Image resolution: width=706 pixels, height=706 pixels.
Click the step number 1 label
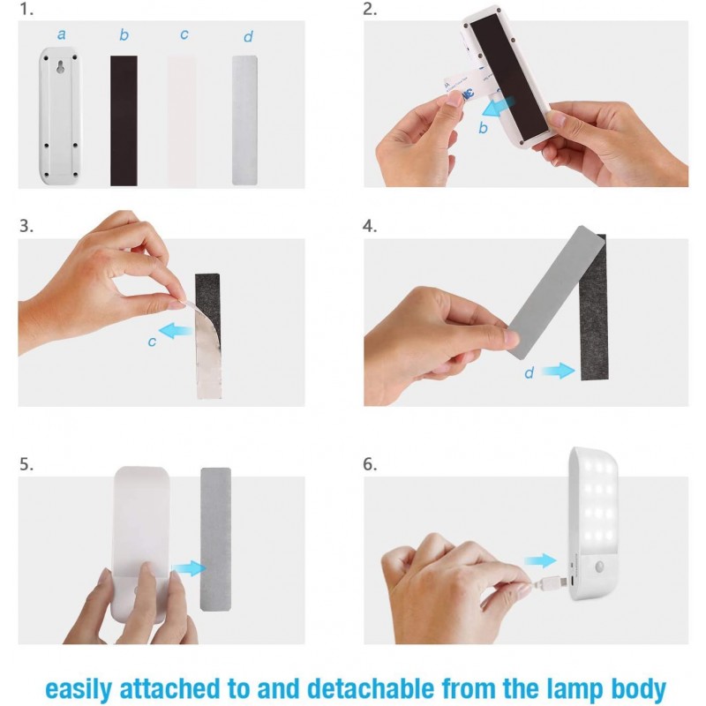click(26, 10)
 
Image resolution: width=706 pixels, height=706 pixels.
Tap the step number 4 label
click(370, 226)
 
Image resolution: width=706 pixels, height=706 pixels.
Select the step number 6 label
click(370, 464)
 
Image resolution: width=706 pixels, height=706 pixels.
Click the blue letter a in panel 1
click(62, 34)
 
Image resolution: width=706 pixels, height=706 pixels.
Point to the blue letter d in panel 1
click(248, 36)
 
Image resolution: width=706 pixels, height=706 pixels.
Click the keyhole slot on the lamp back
click(60, 67)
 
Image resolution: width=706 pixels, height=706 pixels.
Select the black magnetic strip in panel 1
click(124, 121)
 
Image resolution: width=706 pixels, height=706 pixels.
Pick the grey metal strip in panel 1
click(244, 120)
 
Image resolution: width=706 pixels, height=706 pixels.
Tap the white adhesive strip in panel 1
click(182, 121)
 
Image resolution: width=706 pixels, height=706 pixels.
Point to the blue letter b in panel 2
click(483, 128)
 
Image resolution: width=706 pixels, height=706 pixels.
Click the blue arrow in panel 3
click(176, 331)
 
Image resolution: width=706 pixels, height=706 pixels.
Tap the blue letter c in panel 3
click(152, 342)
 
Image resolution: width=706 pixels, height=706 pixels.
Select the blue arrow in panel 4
click(559, 371)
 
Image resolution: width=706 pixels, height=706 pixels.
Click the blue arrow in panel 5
click(189, 568)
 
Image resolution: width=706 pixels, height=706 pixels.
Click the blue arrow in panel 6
click(540, 560)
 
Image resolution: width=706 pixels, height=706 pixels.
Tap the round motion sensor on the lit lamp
click(600, 567)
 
